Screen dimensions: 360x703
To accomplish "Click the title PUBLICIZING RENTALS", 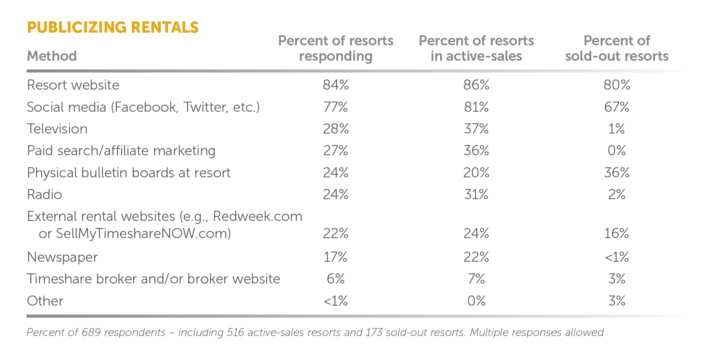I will point(113,27).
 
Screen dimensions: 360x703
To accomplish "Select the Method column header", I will point(52,56).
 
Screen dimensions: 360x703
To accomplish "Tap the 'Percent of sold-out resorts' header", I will point(617,48).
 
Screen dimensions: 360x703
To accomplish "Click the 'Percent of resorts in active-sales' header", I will point(476,48).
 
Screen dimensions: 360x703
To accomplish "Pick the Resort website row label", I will point(73,85).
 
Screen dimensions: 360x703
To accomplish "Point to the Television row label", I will point(57,129).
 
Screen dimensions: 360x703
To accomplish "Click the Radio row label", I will point(45,195).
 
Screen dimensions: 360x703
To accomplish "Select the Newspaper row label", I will point(62,257).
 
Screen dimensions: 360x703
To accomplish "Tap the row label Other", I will point(45,301).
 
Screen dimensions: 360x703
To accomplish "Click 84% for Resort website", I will point(336,85).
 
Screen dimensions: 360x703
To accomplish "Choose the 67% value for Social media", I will point(617,107).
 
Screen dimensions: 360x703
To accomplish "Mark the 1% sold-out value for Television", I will point(617,129).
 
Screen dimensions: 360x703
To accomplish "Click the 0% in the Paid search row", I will point(617,151).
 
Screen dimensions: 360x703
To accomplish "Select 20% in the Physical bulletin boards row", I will point(476,173).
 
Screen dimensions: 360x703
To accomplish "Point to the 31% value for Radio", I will point(476,195).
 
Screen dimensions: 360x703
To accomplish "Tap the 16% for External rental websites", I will point(617,234).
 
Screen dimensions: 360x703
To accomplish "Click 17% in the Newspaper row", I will point(336,257).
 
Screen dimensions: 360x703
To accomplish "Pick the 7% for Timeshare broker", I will point(476,279).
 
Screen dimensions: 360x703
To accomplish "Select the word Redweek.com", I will point(258,216).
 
